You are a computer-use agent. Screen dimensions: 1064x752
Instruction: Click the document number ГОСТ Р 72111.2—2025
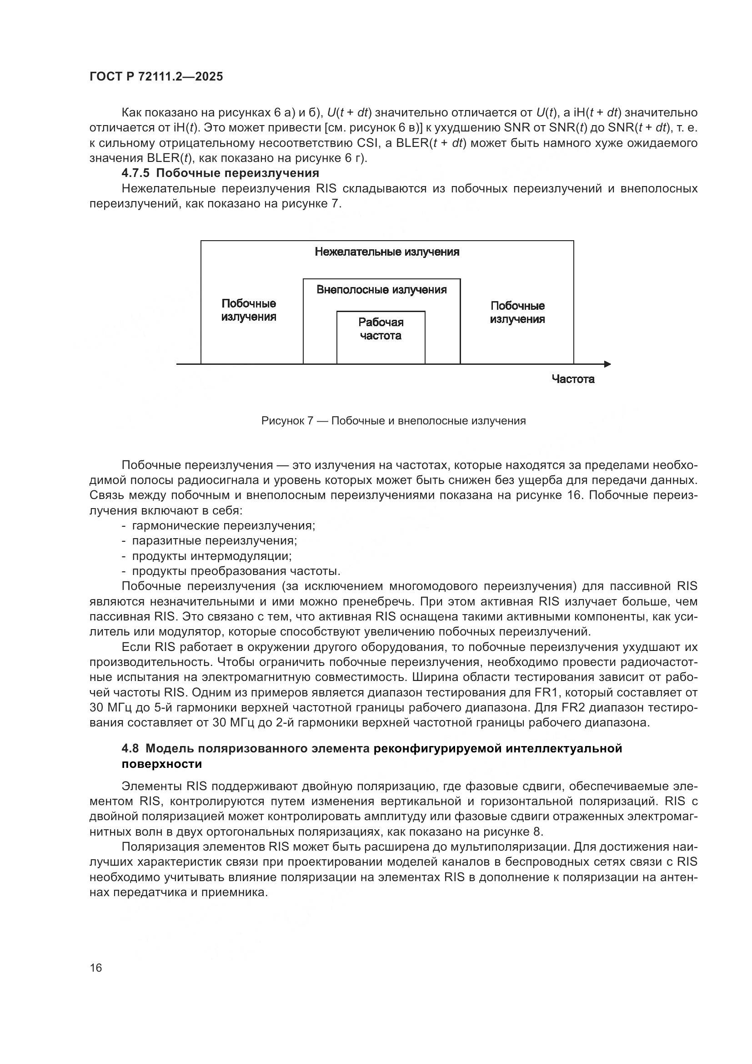tap(156, 76)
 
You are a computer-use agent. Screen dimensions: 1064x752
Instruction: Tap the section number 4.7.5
tap(136, 173)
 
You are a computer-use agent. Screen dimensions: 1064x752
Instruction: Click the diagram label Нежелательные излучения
tap(386, 252)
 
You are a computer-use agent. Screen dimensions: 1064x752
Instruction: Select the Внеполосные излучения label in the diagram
tap(381, 290)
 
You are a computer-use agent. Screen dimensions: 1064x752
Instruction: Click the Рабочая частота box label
tap(381, 329)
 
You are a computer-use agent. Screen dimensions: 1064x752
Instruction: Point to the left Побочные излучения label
tap(249, 310)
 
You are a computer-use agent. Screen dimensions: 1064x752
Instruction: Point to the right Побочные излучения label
tap(517, 313)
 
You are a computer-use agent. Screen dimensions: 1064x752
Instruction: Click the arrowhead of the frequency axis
tap(607, 364)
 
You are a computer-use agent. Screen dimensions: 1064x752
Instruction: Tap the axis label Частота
tap(573, 379)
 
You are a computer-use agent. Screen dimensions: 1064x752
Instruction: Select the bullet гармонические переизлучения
tap(223, 525)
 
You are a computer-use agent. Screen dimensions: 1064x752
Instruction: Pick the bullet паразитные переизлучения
tap(215, 541)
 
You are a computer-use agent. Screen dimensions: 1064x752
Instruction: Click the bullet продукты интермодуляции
tap(211, 555)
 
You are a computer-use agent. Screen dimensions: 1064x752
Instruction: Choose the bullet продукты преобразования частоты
tap(236, 571)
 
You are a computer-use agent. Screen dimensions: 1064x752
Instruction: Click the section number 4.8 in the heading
tap(130, 749)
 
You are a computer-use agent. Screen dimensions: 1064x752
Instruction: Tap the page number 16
tap(96, 968)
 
